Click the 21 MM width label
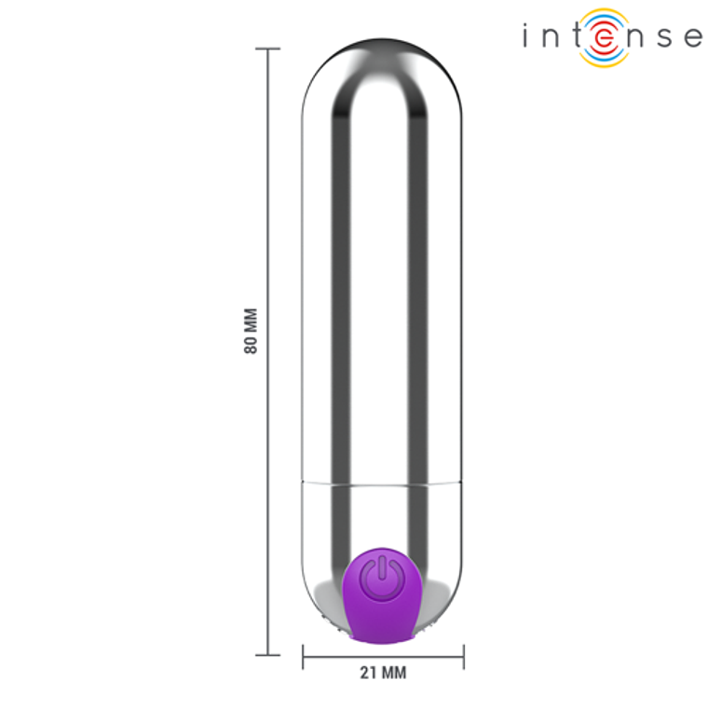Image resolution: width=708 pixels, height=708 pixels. [383, 672]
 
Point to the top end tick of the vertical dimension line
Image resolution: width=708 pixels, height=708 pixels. [268, 48]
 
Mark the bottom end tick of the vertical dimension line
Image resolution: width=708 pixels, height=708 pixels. [268, 655]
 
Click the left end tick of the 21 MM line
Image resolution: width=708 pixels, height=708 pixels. [303, 657]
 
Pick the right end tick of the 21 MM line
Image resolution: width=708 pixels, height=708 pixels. [463, 657]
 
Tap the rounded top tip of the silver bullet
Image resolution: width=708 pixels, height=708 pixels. [382, 44]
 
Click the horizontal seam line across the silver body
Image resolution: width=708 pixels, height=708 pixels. [382, 483]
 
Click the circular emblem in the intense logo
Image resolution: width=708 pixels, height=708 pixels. [603, 37]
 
